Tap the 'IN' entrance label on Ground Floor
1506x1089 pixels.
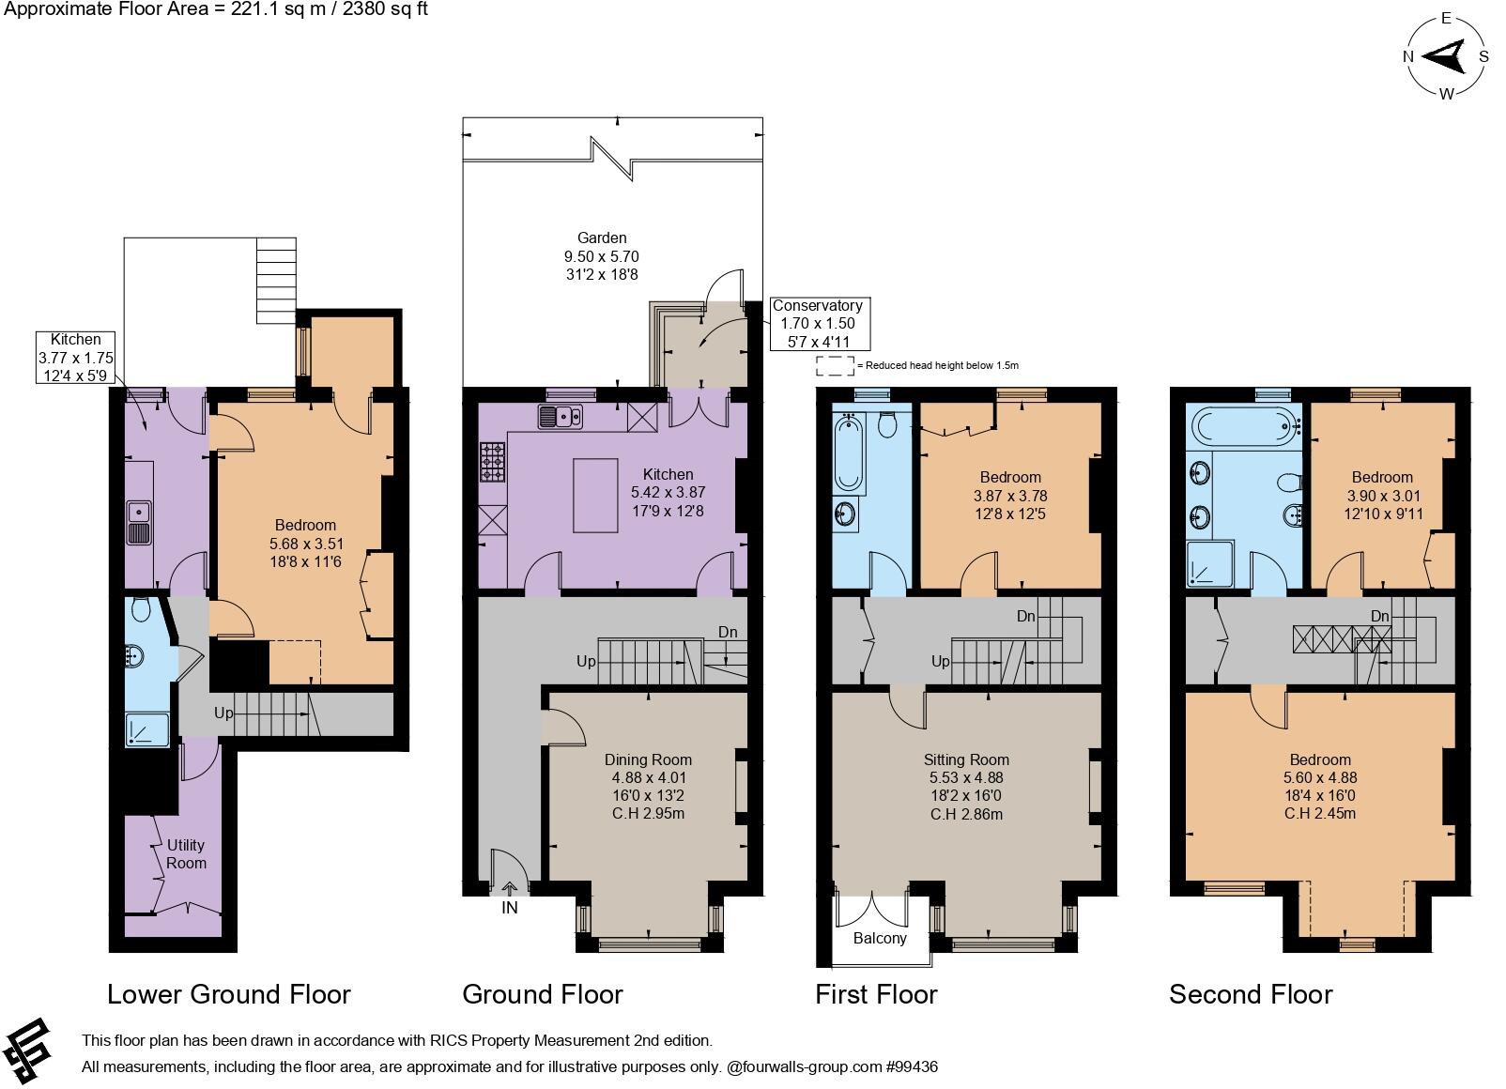click(510, 908)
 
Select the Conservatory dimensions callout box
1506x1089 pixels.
click(817, 323)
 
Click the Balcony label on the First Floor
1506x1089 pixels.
click(880, 938)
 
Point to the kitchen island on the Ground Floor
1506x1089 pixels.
click(595, 496)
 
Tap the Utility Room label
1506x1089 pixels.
click(186, 853)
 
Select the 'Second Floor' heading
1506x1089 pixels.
click(1250, 994)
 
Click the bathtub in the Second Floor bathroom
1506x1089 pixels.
click(1242, 427)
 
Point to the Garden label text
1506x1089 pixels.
click(602, 238)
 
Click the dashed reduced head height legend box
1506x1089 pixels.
click(834, 365)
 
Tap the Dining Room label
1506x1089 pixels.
click(648, 759)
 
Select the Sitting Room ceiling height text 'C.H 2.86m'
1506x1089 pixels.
click(966, 814)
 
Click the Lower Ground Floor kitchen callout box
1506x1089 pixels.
click(75, 358)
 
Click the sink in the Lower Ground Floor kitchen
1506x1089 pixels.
click(139, 523)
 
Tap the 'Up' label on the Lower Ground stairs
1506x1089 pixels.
click(223, 713)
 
